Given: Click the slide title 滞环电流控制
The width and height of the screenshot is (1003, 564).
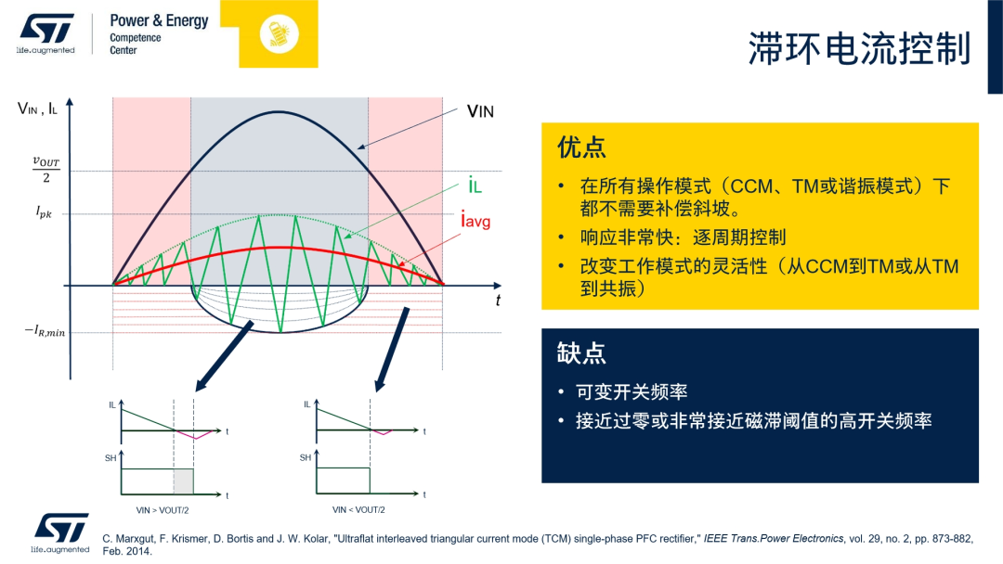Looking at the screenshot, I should point(858,49).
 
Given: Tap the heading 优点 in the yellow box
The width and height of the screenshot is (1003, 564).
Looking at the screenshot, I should point(581,147).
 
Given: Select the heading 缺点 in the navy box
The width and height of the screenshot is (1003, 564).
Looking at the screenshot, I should point(581,352).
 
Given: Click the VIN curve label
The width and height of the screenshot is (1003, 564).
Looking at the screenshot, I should point(480,112).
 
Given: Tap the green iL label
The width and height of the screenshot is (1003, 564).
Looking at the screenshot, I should point(475,186).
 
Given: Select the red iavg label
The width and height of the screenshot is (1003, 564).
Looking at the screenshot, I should point(475,221).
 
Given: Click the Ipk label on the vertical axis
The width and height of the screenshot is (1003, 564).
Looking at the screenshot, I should point(45,212).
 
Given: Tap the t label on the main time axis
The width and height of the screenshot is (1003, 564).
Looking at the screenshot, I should point(498,300).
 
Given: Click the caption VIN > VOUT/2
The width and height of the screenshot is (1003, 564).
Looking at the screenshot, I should point(163,510).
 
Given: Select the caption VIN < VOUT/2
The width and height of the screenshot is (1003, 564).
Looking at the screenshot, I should point(358,510).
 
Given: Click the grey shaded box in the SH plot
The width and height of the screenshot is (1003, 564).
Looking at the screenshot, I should point(183,481).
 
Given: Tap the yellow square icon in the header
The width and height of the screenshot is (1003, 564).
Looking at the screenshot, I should point(279,33).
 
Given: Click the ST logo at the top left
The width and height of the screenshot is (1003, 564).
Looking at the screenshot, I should point(46,30).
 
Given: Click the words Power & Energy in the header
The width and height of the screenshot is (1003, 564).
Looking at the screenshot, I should point(159,20).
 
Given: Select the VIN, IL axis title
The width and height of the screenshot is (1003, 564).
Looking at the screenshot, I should point(38,109).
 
